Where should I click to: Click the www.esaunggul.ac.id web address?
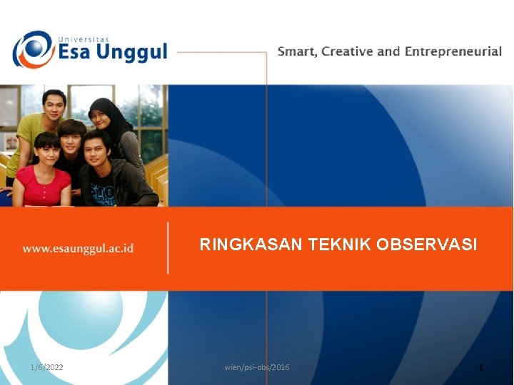coord(78,249)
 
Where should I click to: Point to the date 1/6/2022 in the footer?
coord(46,367)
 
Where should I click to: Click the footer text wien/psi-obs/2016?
coord(257,367)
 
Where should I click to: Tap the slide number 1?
coord(481,368)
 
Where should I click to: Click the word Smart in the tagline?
coord(297,51)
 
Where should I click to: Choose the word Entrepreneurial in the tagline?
coord(453,51)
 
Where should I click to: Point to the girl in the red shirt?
coord(43,175)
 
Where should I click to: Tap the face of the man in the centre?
coord(72,138)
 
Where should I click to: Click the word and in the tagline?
coord(389,51)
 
